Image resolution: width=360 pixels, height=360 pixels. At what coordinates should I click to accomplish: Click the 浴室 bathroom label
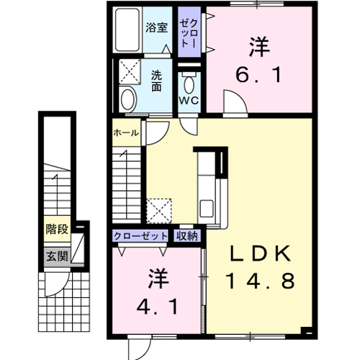(156, 27)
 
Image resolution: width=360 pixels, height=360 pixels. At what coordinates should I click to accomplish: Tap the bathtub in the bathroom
(127, 30)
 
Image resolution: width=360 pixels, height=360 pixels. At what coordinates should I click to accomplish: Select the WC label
(189, 101)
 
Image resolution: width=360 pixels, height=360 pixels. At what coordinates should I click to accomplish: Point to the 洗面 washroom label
(156, 81)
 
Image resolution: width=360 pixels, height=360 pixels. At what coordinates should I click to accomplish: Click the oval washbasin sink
(128, 99)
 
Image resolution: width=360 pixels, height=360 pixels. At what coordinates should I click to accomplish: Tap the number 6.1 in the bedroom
(258, 75)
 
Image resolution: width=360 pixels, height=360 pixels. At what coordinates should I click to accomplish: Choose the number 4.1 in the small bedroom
(158, 307)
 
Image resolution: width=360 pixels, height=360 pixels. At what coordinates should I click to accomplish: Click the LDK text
(261, 254)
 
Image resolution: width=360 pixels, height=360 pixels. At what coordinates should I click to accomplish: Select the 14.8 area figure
(260, 281)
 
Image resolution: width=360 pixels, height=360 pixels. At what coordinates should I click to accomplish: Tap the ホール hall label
(126, 132)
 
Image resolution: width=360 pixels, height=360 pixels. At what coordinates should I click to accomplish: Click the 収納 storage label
(187, 236)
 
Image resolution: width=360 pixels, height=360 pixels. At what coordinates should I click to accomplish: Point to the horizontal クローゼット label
(140, 236)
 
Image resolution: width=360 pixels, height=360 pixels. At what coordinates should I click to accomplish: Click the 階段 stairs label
(57, 229)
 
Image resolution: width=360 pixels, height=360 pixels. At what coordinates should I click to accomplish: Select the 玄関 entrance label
(57, 256)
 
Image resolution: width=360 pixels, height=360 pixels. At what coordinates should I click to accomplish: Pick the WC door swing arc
(189, 127)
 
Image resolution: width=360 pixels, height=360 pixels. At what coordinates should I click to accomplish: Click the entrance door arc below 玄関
(57, 284)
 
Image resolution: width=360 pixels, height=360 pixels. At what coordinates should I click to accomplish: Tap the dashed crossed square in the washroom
(130, 71)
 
